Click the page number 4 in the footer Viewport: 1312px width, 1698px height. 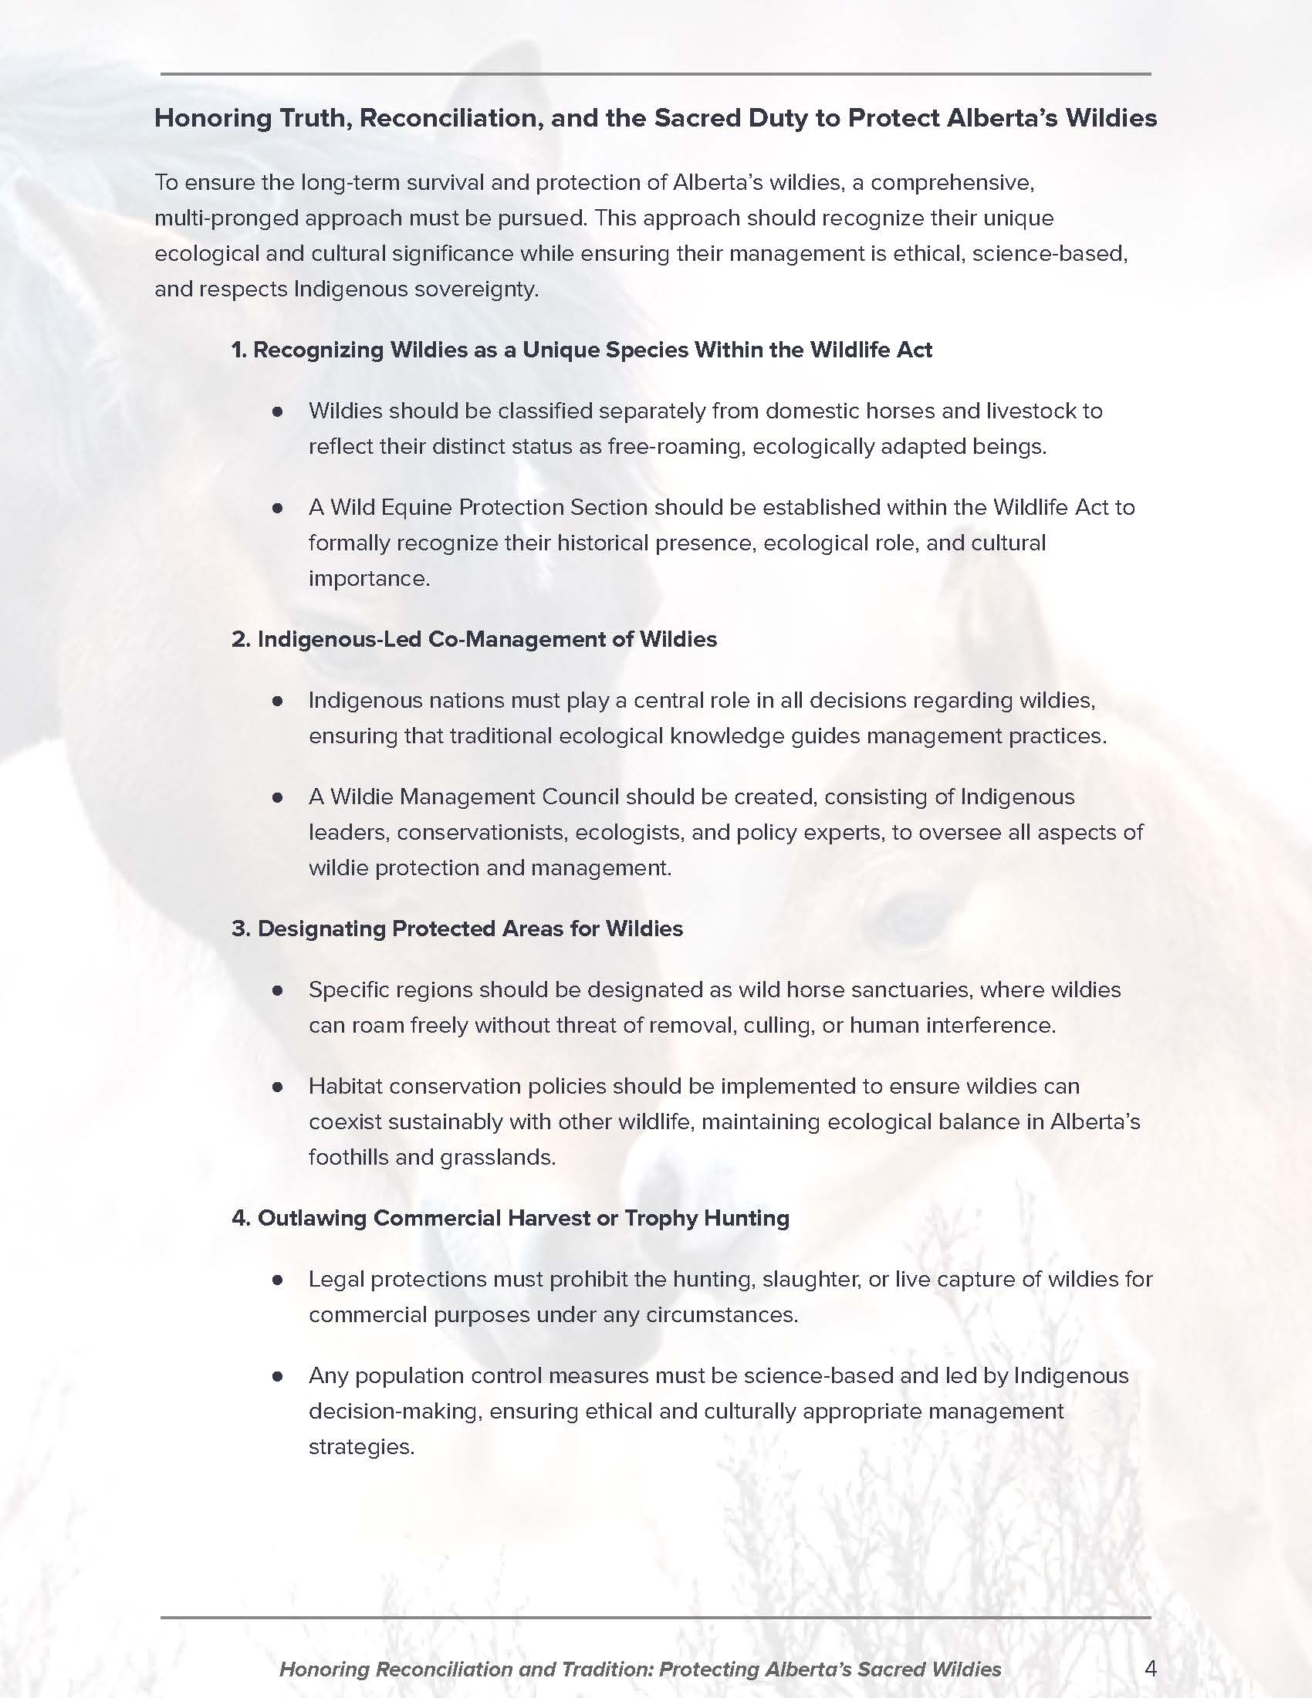tap(1151, 1668)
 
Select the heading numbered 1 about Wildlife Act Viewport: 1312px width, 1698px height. tap(581, 350)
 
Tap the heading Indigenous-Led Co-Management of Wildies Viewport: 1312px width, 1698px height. tap(474, 639)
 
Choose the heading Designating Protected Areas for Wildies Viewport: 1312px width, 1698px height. tap(457, 928)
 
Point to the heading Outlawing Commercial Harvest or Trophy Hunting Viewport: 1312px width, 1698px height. tap(511, 1217)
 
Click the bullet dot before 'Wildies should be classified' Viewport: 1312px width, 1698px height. tap(278, 411)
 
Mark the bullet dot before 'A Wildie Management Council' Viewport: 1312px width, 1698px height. tap(278, 797)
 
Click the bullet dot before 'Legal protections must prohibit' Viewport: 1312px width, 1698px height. tap(278, 1280)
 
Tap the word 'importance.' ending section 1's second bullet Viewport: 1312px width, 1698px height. tap(369, 578)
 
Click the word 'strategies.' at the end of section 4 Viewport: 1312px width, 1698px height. tap(361, 1447)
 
